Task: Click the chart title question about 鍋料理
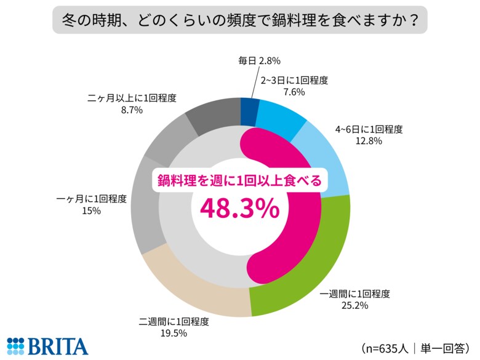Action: (239, 20)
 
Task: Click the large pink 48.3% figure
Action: (239, 209)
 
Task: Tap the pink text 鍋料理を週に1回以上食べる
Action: (239, 181)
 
